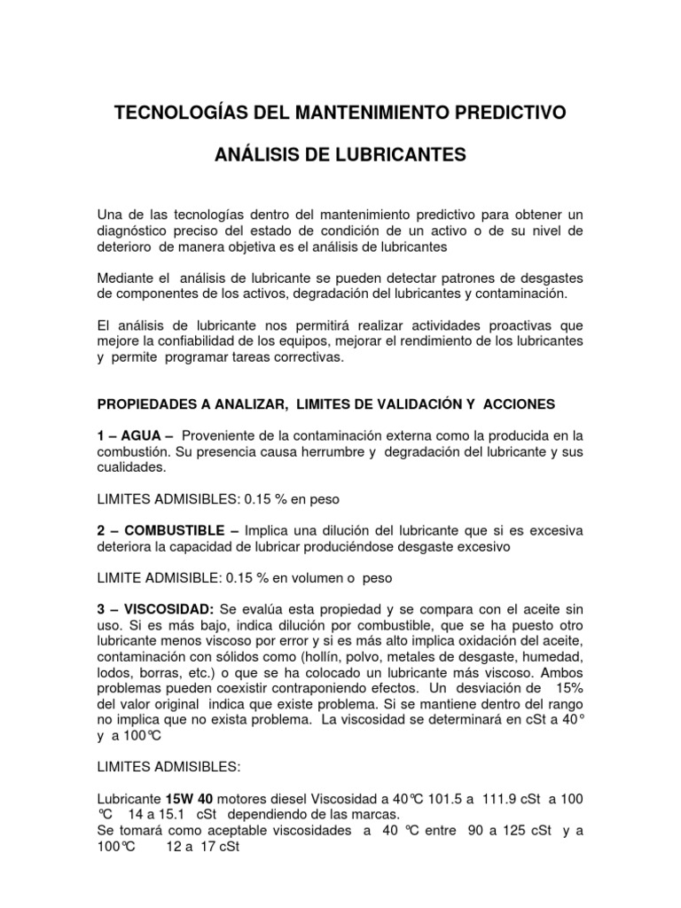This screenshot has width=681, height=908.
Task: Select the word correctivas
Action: pos(317,358)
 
